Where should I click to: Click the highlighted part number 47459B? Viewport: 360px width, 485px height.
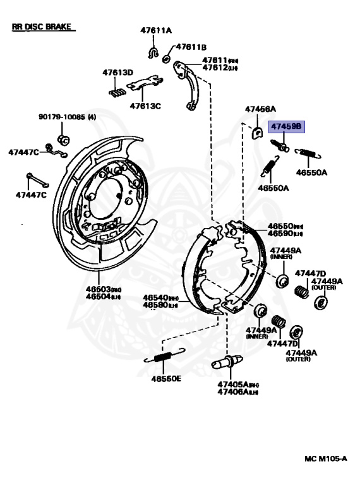coord(287,127)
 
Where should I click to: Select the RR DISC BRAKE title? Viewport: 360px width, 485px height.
coord(42,28)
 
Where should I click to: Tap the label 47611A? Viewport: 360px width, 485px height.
coord(155,30)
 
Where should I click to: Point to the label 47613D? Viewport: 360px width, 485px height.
coord(118,73)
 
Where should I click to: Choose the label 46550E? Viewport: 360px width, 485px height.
coord(165,379)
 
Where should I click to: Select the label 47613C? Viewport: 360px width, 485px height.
coord(145,105)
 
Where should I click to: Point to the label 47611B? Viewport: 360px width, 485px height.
coord(191,47)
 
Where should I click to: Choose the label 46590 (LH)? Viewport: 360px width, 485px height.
coord(285,234)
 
